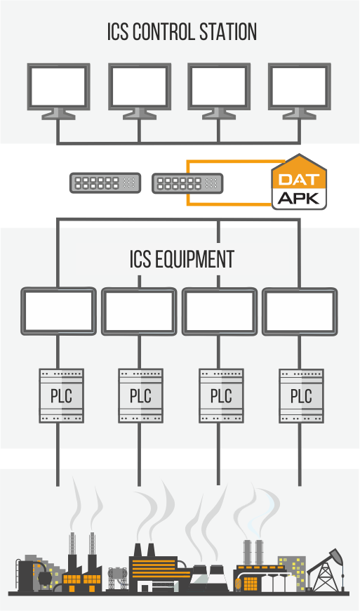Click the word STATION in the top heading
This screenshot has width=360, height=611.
click(x=228, y=32)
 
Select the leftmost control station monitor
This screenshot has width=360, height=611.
click(x=59, y=91)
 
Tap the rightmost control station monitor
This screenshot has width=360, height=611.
click(x=299, y=91)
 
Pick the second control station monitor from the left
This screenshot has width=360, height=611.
click(x=140, y=91)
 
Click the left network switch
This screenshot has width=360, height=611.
click(x=105, y=183)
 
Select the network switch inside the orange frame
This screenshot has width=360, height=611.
click(x=187, y=183)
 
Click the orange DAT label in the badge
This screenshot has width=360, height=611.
click(x=299, y=180)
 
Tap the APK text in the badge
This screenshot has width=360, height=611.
click(x=299, y=198)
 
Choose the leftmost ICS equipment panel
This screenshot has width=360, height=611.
click(x=58, y=311)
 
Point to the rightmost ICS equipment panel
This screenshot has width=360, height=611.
click(x=300, y=311)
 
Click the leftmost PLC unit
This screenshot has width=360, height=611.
click(x=62, y=396)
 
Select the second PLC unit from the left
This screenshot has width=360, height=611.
click(x=140, y=396)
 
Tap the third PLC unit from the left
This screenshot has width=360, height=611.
click(x=221, y=396)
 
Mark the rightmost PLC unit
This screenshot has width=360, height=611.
click(x=301, y=396)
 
